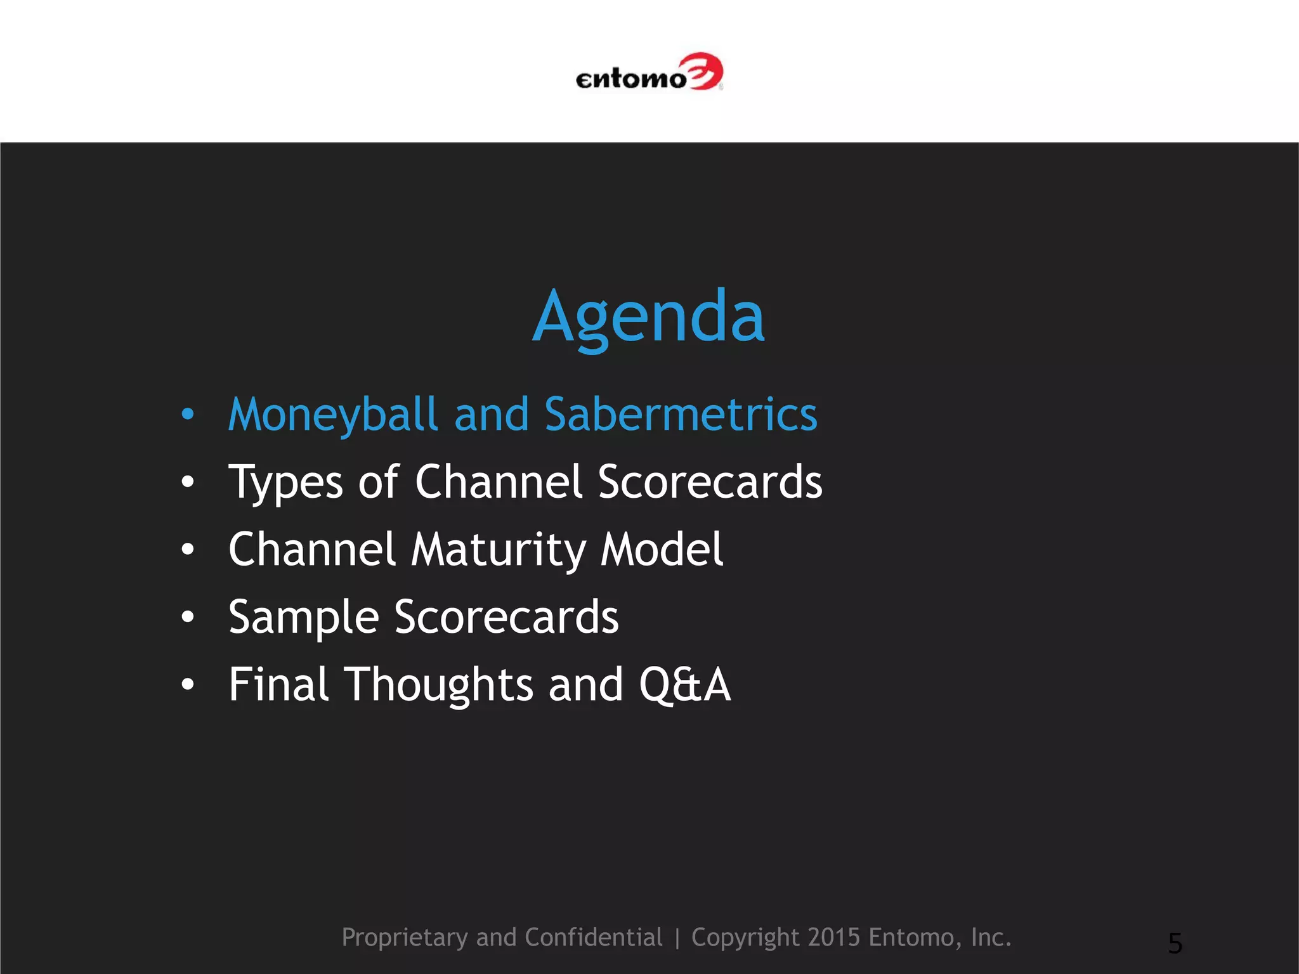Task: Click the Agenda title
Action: [648, 317]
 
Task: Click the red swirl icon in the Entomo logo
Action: [704, 72]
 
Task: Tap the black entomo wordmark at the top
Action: [630, 79]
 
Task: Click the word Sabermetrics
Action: [681, 415]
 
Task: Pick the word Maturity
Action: [498, 550]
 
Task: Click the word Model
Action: [662, 549]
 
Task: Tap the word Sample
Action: [303, 618]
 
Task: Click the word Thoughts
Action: [438, 685]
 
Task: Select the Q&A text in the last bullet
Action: [684, 685]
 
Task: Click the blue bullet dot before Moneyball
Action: [187, 415]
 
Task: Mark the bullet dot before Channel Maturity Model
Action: [187, 550]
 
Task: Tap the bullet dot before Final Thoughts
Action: [187, 685]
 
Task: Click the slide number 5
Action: [1175, 944]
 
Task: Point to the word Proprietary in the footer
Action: [405, 938]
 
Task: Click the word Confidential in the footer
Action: [593, 937]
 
